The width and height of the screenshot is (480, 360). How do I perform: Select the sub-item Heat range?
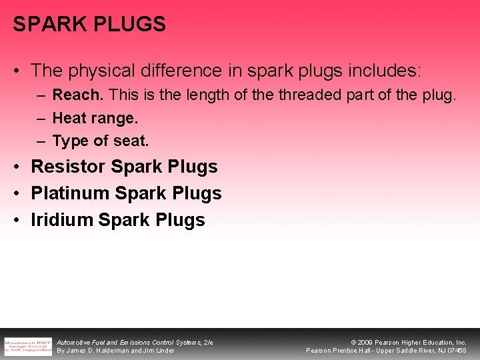click(x=95, y=119)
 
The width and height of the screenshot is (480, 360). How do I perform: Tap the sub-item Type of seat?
click(x=101, y=141)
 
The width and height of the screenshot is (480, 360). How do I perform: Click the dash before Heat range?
click(x=40, y=119)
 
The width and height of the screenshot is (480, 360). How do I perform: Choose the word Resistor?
click(x=69, y=167)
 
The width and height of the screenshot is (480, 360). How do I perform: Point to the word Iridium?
click(x=61, y=220)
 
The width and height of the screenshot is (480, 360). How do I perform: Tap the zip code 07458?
click(x=457, y=351)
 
